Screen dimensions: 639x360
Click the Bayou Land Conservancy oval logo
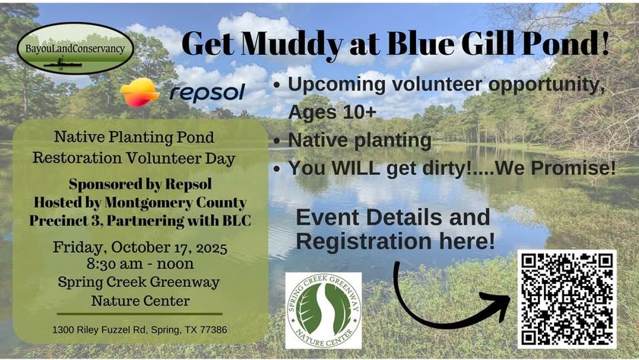click(75, 49)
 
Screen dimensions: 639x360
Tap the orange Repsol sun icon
click(139, 93)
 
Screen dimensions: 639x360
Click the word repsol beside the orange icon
click(207, 93)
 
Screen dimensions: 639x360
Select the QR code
click(567, 300)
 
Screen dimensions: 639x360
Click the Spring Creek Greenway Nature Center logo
click(323, 311)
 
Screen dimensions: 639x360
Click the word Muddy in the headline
click(291, 43)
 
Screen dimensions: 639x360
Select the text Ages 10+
click(332, 112)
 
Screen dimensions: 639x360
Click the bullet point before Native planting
click(277, 141)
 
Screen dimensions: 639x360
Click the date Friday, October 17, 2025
click(140, 247)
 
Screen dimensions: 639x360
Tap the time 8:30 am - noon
click(140, 264)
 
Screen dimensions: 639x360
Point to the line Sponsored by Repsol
click(140, 184)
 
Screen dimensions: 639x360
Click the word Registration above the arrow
click(364, 241)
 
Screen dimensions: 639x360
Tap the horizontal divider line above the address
click(140, 314)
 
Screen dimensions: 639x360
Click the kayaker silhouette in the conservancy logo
click(62, 63)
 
